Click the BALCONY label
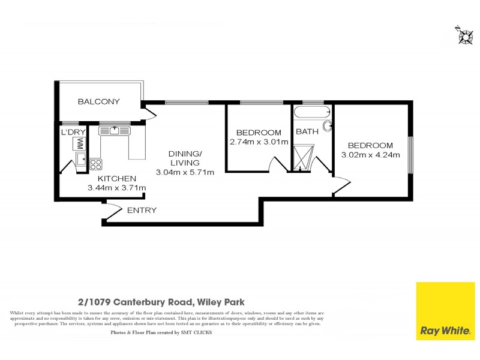coord(99,101)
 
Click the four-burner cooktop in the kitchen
coord(96,163)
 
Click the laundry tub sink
coord(80,160)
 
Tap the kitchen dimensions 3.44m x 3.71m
coord(117,188)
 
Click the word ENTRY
coord(142,210)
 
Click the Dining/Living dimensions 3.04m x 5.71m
coord(185,173)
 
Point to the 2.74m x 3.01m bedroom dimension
coord(259,142)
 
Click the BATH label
coord(306,132)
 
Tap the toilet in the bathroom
coord(328,126)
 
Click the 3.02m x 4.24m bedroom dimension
coord(370,155)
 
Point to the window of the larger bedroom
coord(411,154)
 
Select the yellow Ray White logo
coord(445,311)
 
